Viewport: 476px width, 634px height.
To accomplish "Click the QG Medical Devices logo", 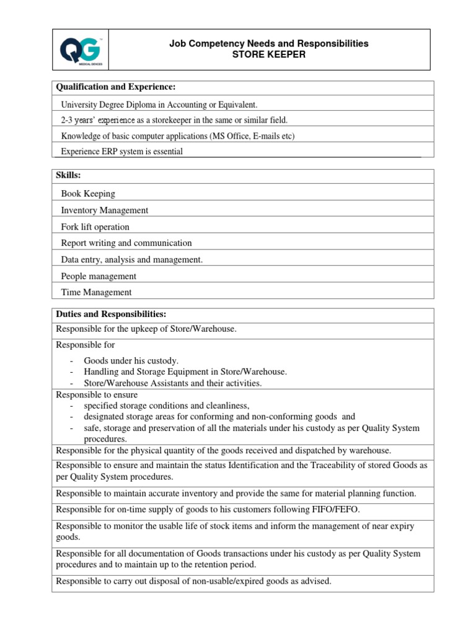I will pyautogui.click(x=80, y=49).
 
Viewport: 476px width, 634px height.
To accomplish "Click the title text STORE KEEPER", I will pyautogui.click(x=269, y=54).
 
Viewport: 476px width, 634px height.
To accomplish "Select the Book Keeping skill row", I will pyautogui.click(x=88, y=194).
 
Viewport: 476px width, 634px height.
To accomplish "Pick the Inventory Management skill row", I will pyautogui.click(x=105, y=211).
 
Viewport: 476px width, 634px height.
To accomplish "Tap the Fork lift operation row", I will pyautogui.click(x=95, y=227).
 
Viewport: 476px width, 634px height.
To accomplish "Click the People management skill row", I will pyautogui.click(x=99, y=276).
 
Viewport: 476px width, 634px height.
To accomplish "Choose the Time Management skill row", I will pyautogui.click(x=96, y=292).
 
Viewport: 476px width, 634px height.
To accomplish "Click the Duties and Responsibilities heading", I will pyautogui.click(x=111, y=314).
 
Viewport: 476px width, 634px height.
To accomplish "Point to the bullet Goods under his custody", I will pyautogui.click(x=131, y=360).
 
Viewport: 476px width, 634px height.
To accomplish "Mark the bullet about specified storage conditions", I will pyautogui.click(x=166, y=406).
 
